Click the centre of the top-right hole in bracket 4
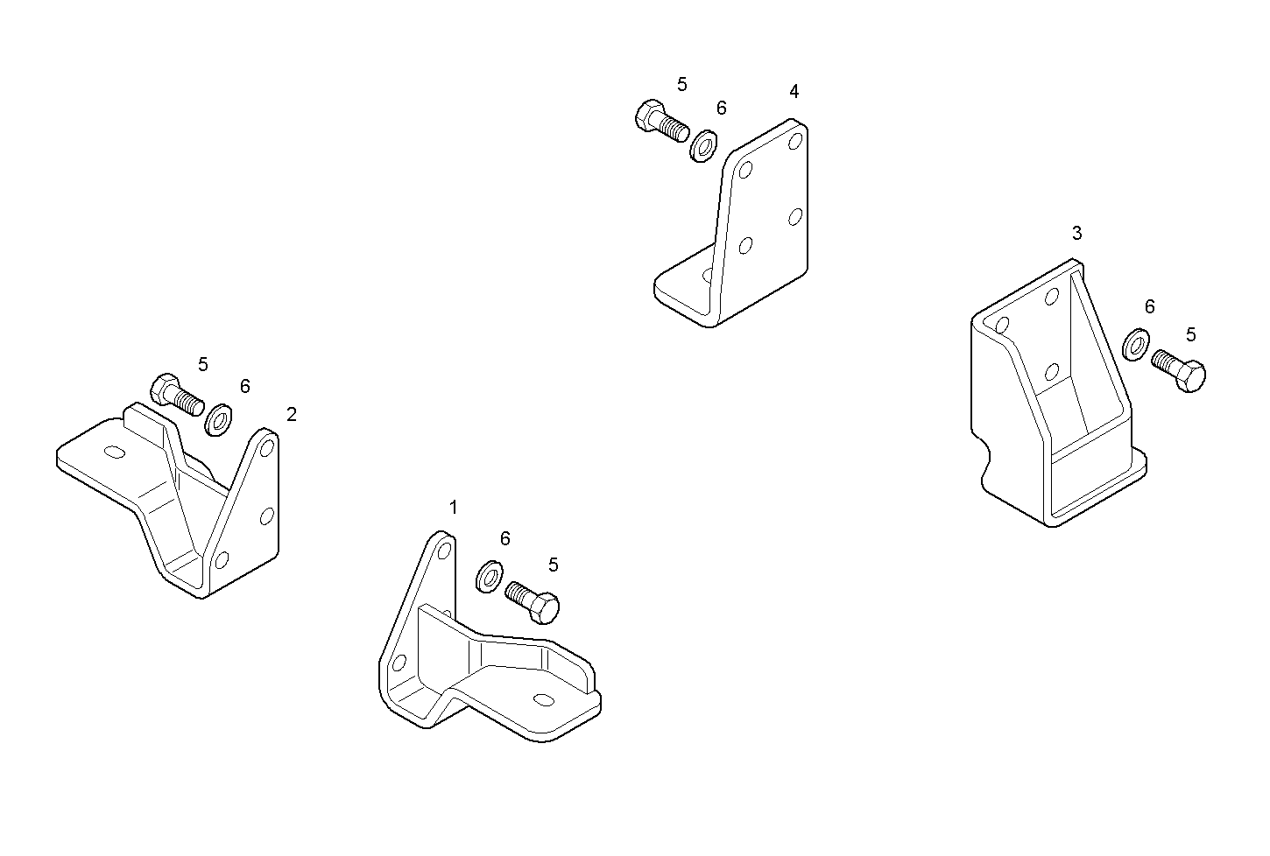[795, 140]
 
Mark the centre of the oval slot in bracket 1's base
[544, 699]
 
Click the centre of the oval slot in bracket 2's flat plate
[115, 453]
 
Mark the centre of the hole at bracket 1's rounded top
[445, 551]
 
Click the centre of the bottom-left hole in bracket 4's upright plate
[745, 245]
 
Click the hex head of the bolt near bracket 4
[650, 116]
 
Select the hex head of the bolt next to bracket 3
[1190, 375]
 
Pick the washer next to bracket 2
[218, 420]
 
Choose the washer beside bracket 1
[490, 577]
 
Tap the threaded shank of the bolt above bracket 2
[187, 399]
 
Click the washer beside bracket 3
[1137, 344]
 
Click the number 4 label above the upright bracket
[794, 91]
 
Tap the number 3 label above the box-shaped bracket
[1076, 233]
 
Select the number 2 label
[292, 415]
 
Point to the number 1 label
[453, 508]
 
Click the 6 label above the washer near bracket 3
[1149, 306]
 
